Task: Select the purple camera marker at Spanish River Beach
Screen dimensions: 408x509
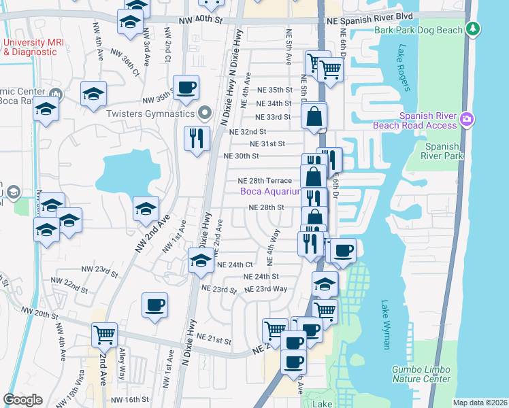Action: (467, 119)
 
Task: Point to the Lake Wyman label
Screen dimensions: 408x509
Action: (386, 325)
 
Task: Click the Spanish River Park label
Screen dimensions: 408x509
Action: (442, 151)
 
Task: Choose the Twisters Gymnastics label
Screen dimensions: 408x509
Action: (150, 114)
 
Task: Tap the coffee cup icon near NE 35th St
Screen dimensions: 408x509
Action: (186, 88)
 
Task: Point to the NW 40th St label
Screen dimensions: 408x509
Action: (201, 20)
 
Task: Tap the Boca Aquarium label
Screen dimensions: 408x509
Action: (270, 192)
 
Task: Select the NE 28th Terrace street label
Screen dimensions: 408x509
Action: (264, 181)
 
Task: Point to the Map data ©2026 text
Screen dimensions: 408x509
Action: (479, 403)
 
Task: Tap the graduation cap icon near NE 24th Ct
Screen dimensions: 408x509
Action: (201, 260)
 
